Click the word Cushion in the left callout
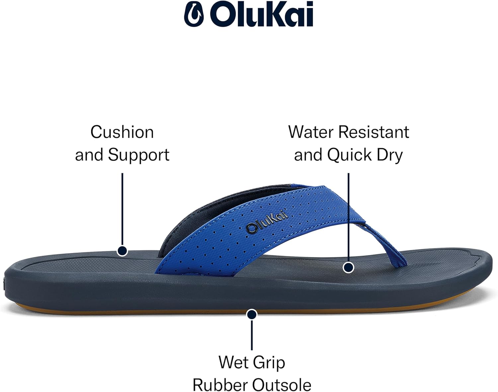click(122, 132)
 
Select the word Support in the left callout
click(139, 155)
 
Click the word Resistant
click(374, 132)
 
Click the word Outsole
click(282, 385)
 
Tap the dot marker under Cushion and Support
click(122, 251)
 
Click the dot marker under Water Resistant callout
click(348, 268)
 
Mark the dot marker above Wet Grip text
click(252, 315)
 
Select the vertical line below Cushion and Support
click(122, 209)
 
